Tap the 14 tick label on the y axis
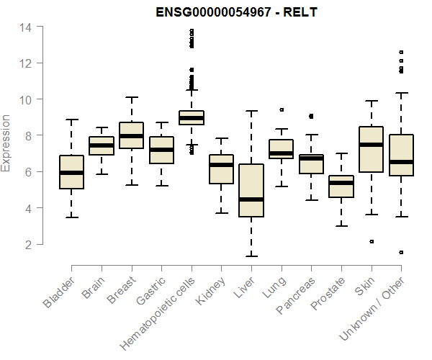click(x=26, y=27)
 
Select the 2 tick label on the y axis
click(x=30, y=245)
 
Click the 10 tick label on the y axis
click(x=26, y=99)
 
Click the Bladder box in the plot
click(x=71, y=172)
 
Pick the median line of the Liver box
click(x=251, y=199)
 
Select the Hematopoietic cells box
click(x=192, y=117)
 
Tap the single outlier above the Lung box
click(x=282, y=110)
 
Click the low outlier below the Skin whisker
click(x=372, y=242)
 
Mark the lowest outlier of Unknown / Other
click(x=401, y=253)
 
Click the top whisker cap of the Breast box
click(x=131, y=97)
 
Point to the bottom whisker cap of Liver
click(x=251, y=256)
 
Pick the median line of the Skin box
click(x=372, y=145)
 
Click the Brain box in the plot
click(x=102, y=145)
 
